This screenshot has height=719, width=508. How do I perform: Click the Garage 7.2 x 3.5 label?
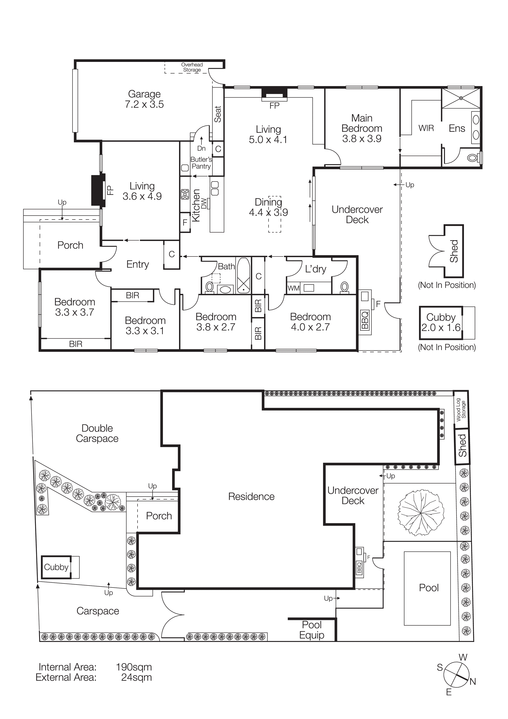(x=144, y=99)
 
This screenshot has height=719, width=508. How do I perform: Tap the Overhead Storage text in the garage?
(x=192, y=67)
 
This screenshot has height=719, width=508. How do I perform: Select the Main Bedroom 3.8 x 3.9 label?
(x=362, y=128)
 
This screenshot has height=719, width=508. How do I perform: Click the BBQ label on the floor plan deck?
(x=365, y=320)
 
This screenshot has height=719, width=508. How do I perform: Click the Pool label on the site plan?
(x=428, y=588)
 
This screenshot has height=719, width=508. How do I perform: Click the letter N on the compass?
(x=473, y=681)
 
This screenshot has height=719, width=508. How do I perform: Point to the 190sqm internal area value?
(x=134, y=667)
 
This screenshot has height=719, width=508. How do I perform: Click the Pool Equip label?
(x=312, y=630)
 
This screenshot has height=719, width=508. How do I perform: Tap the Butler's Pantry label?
(x=201, y=163)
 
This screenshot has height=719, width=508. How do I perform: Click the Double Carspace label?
(x=97, y=433)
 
